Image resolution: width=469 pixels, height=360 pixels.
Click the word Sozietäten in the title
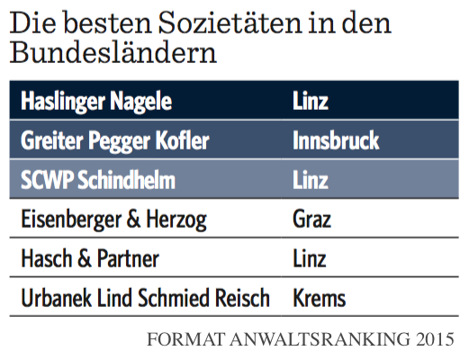point(230,22)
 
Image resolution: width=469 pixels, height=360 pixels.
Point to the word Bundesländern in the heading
point(113,52)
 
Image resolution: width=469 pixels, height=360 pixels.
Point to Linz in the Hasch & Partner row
point(310,258)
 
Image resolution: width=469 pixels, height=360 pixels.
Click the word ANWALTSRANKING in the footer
point(320,339)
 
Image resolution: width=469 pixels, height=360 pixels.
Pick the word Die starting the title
point(33,22)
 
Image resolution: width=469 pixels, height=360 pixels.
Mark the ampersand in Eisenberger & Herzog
point(133,219)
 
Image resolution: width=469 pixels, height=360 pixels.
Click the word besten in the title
point(107,22)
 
